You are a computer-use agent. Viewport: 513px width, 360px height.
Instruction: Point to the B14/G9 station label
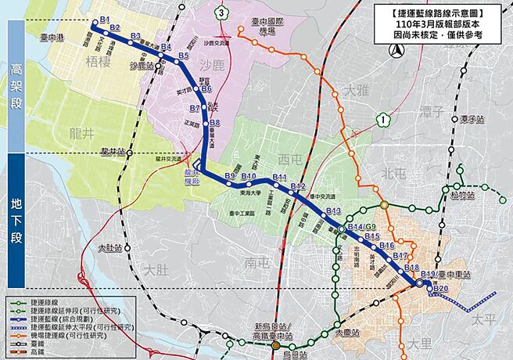coord(356,227)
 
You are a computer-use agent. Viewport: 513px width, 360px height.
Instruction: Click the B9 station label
coord(230,175)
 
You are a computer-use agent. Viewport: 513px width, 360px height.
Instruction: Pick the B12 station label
coord(297,186)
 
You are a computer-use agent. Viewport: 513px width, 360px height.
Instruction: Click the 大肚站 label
coord(110,248)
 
